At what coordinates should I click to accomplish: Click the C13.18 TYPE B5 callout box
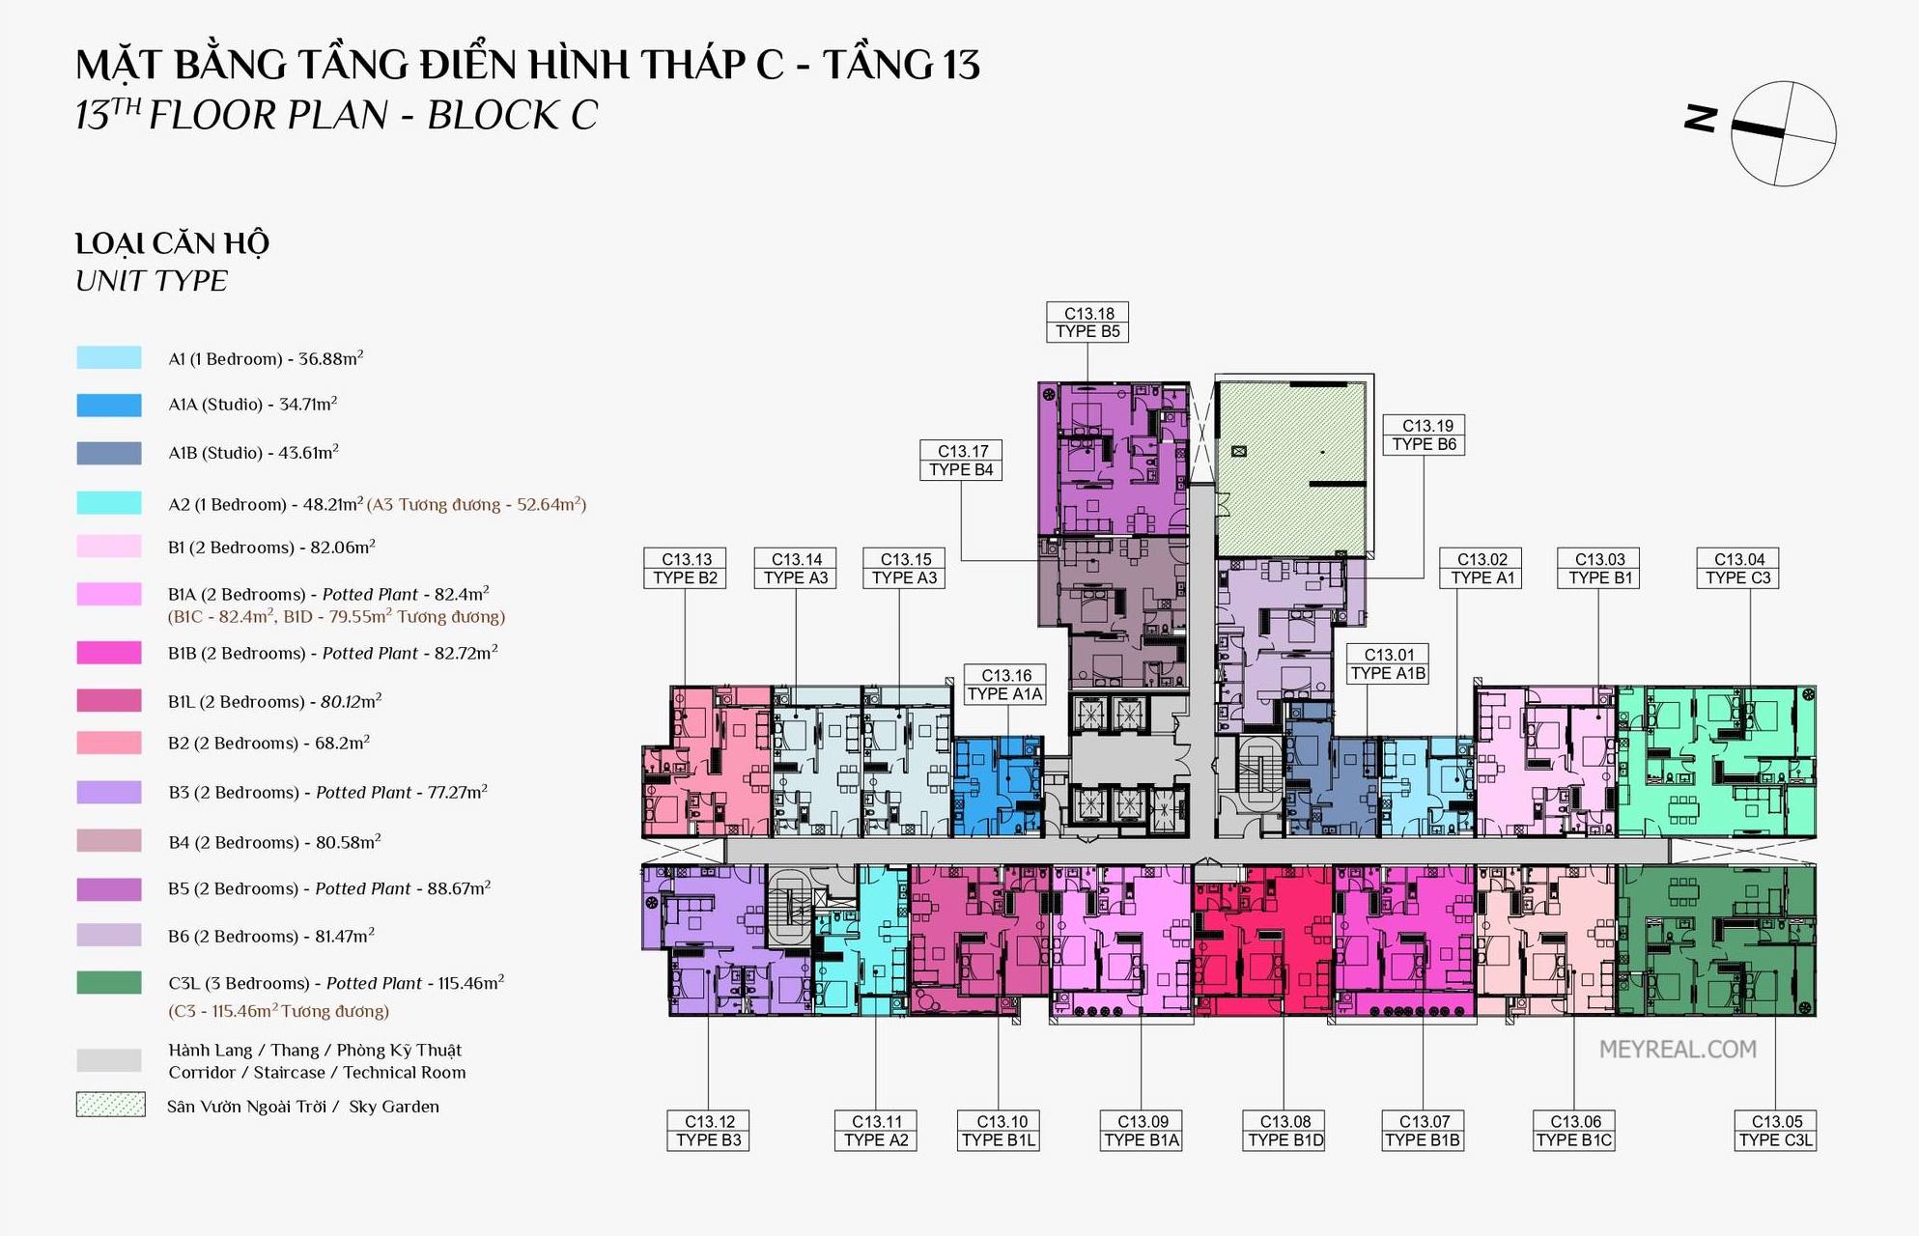pos(1087,322)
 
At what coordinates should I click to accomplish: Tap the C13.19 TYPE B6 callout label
pos(1424,435)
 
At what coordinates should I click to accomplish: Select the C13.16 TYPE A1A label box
pos(1005,685)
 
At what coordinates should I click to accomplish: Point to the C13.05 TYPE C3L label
pos(1776,1131)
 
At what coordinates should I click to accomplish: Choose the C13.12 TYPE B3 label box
pos(708,1131)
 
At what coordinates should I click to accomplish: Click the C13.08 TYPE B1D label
pos(1284,1131)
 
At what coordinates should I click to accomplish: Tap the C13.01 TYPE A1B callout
pos(1388,664)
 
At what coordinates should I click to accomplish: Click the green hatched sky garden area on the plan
pos(1290,469)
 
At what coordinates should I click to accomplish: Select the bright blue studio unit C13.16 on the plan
pos(999,786)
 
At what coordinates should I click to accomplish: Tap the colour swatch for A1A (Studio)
pos(109,406)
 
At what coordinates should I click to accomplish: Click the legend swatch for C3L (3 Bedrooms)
pos(109,983)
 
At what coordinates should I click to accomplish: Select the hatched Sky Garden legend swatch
pos(110,1105)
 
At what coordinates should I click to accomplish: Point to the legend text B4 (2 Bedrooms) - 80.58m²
pos(274,842)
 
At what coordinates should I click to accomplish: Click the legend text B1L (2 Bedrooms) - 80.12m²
pos(274,701)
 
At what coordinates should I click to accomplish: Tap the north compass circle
pos(1783,133)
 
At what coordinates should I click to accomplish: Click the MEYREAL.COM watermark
pos(1678,1050)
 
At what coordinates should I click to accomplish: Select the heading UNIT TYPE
pos(152,281)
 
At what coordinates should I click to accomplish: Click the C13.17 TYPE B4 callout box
pos(961,461)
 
